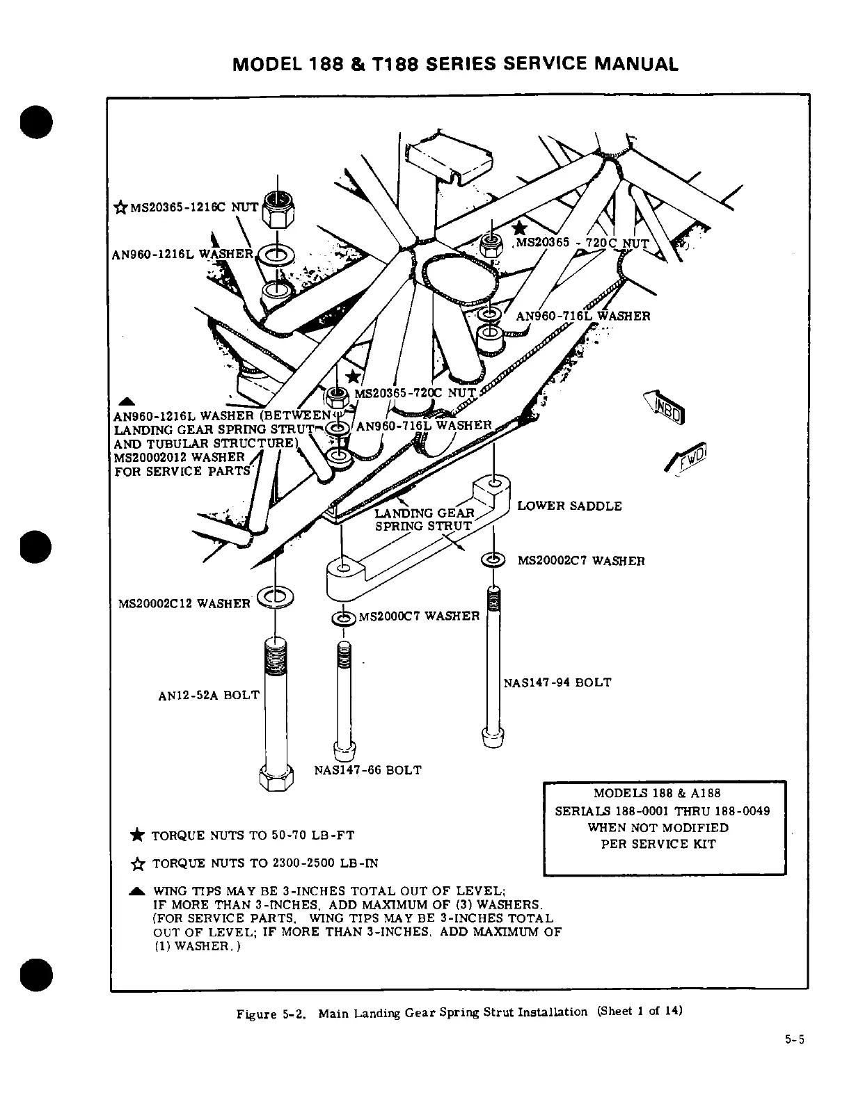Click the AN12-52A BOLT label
tap(209, 695)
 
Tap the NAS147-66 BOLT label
tap(367, 770)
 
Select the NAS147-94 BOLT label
tap(557, 682)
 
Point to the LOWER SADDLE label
tap(569, 506)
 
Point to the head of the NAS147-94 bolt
tap(492, 735)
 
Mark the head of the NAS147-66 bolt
tap(345, 751)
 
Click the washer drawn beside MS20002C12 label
tap(276, 596)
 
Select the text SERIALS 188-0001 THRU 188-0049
tap(663, 811)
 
